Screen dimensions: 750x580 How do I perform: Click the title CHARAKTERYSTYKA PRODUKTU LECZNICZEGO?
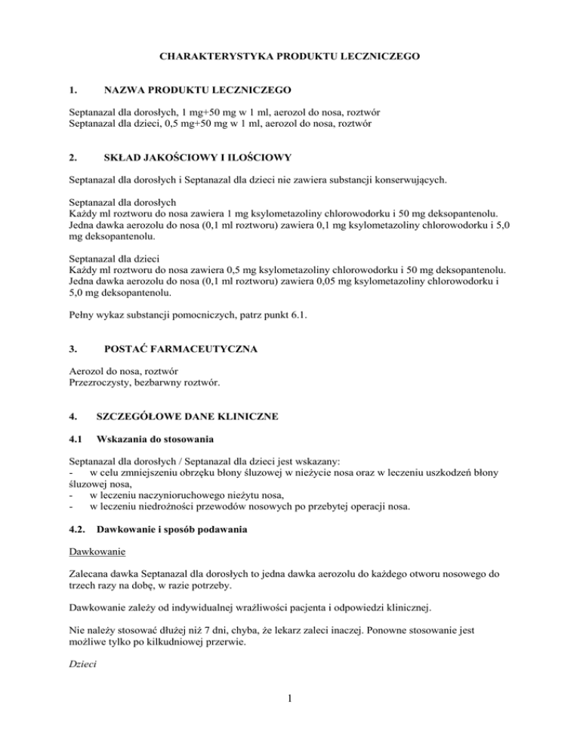pyautogui.click(x=289, y=57)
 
